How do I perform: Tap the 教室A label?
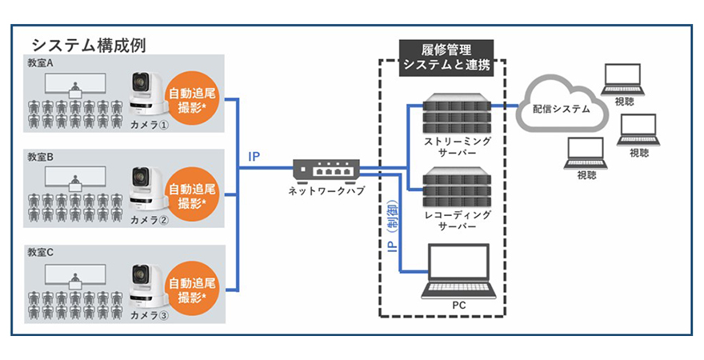tap(42, 62)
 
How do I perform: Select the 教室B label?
tap(42, 157)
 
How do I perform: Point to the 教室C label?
tap(42, 251)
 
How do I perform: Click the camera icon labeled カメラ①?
tap(146, 90)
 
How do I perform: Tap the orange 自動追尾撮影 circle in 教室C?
tap(192, 290)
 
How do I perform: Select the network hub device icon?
tap(326, 170)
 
